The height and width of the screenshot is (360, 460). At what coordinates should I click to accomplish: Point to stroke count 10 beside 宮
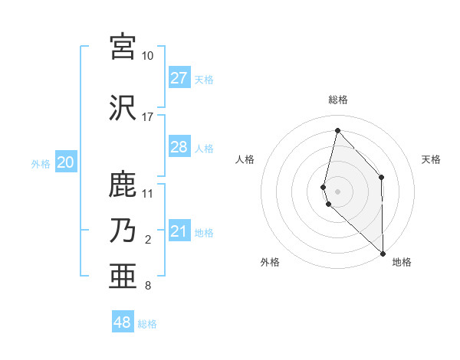coord(147,56)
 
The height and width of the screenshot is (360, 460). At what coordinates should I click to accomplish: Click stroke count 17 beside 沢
coord(147,117)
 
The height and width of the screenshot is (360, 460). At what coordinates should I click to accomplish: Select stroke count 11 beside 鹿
coord(148,194)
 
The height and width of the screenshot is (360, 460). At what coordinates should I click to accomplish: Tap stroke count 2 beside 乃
coord(148,240)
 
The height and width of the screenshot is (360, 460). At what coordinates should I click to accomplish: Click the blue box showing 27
coord(179,78)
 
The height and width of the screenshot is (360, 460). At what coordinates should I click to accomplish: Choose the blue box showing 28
coord(179,147)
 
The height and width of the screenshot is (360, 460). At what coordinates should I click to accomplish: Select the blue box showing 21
coord(179,231)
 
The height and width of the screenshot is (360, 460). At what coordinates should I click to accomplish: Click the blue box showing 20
coord(66,162)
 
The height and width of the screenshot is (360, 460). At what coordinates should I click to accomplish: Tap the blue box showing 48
coord(123,322)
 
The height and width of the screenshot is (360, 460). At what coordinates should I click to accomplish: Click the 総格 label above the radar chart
coord(338,100)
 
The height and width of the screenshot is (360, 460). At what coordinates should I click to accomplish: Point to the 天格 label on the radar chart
coord(431,159)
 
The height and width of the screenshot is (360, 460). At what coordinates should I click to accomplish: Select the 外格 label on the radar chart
coord(270,262)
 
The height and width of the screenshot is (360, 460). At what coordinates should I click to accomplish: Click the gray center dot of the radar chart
coord(338,190)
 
